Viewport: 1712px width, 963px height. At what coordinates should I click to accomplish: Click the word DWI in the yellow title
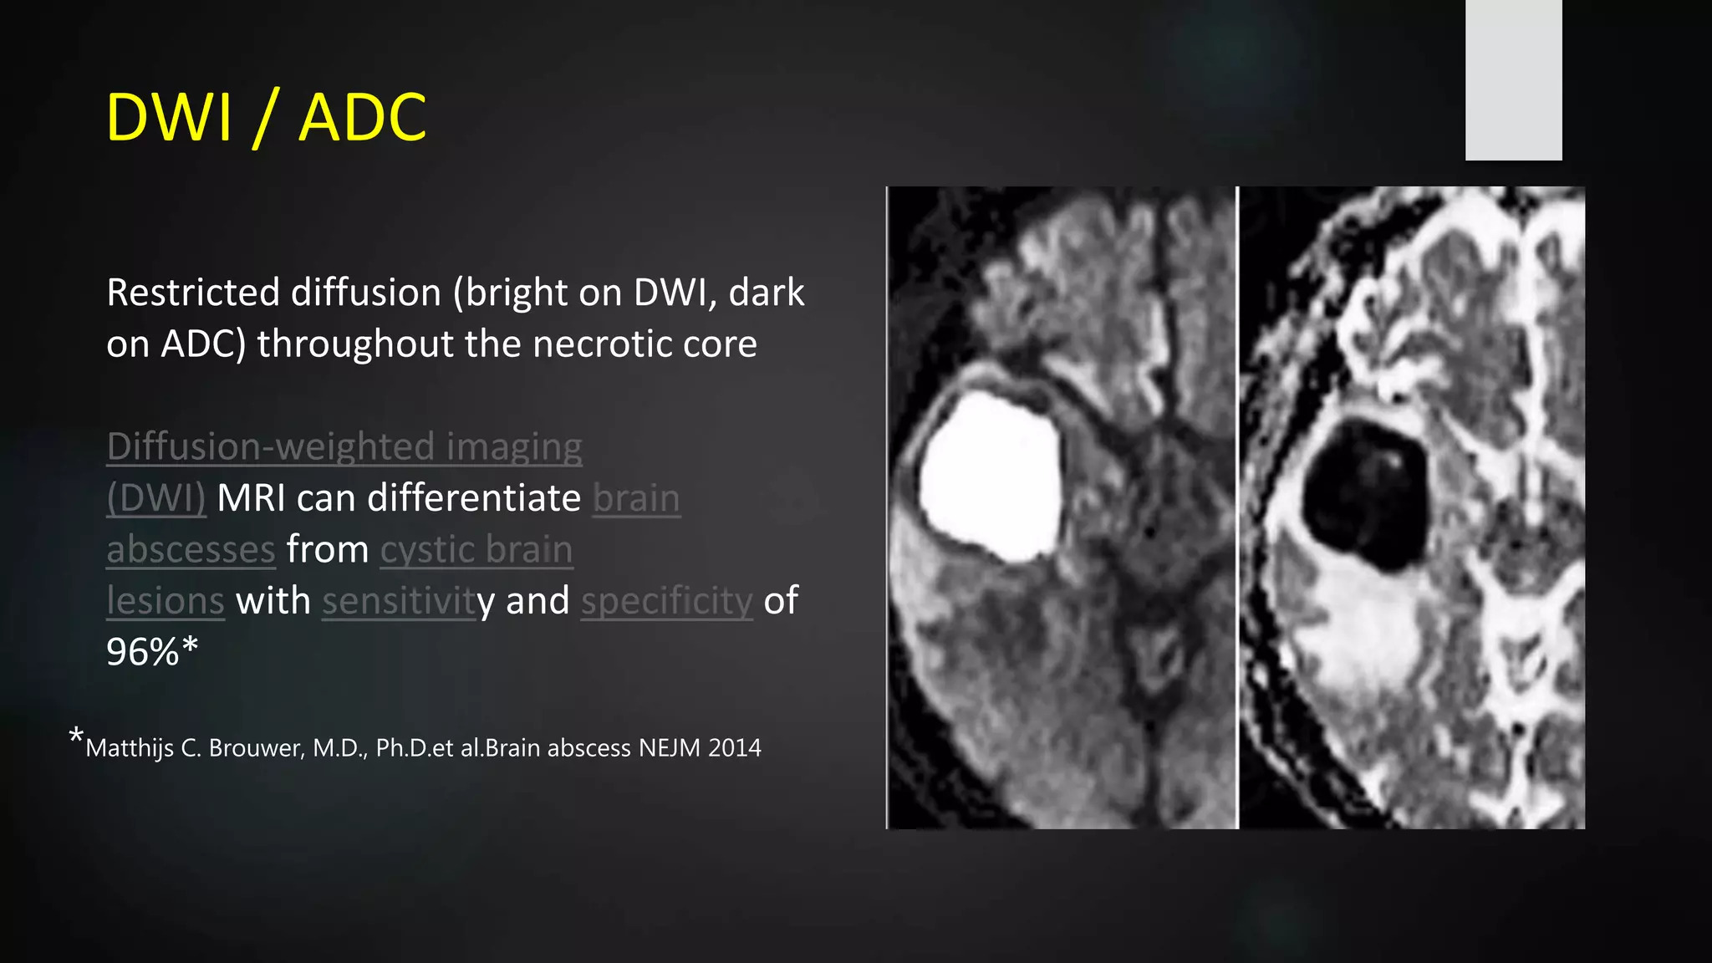(x=168, y=117)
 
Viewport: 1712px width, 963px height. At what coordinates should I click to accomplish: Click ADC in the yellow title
(x=362, y=117)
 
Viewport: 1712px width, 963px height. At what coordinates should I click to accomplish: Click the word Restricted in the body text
(x=192, y=293)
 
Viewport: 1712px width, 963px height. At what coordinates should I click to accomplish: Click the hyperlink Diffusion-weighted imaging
(x=344, y=447)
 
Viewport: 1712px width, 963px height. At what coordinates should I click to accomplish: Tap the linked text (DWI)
(x=155, y=498)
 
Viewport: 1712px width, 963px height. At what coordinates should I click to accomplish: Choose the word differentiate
(x=474, y=498)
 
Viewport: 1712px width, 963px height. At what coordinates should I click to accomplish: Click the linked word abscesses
(x=191, y=550)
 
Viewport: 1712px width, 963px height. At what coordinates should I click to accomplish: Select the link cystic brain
(x=476, y=550)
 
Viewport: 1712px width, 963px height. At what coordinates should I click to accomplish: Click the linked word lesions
(x=166, y=601)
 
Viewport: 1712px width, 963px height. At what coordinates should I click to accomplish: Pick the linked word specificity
(x=667, y=601)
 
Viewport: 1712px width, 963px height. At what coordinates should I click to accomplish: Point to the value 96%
(x=143, y=652)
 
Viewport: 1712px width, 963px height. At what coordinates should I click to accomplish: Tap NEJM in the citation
(x=669, y=747)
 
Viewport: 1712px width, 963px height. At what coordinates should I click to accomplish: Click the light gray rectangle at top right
(x=1513, y=79)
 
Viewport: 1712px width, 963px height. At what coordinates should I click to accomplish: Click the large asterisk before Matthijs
(x=76, y=736)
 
